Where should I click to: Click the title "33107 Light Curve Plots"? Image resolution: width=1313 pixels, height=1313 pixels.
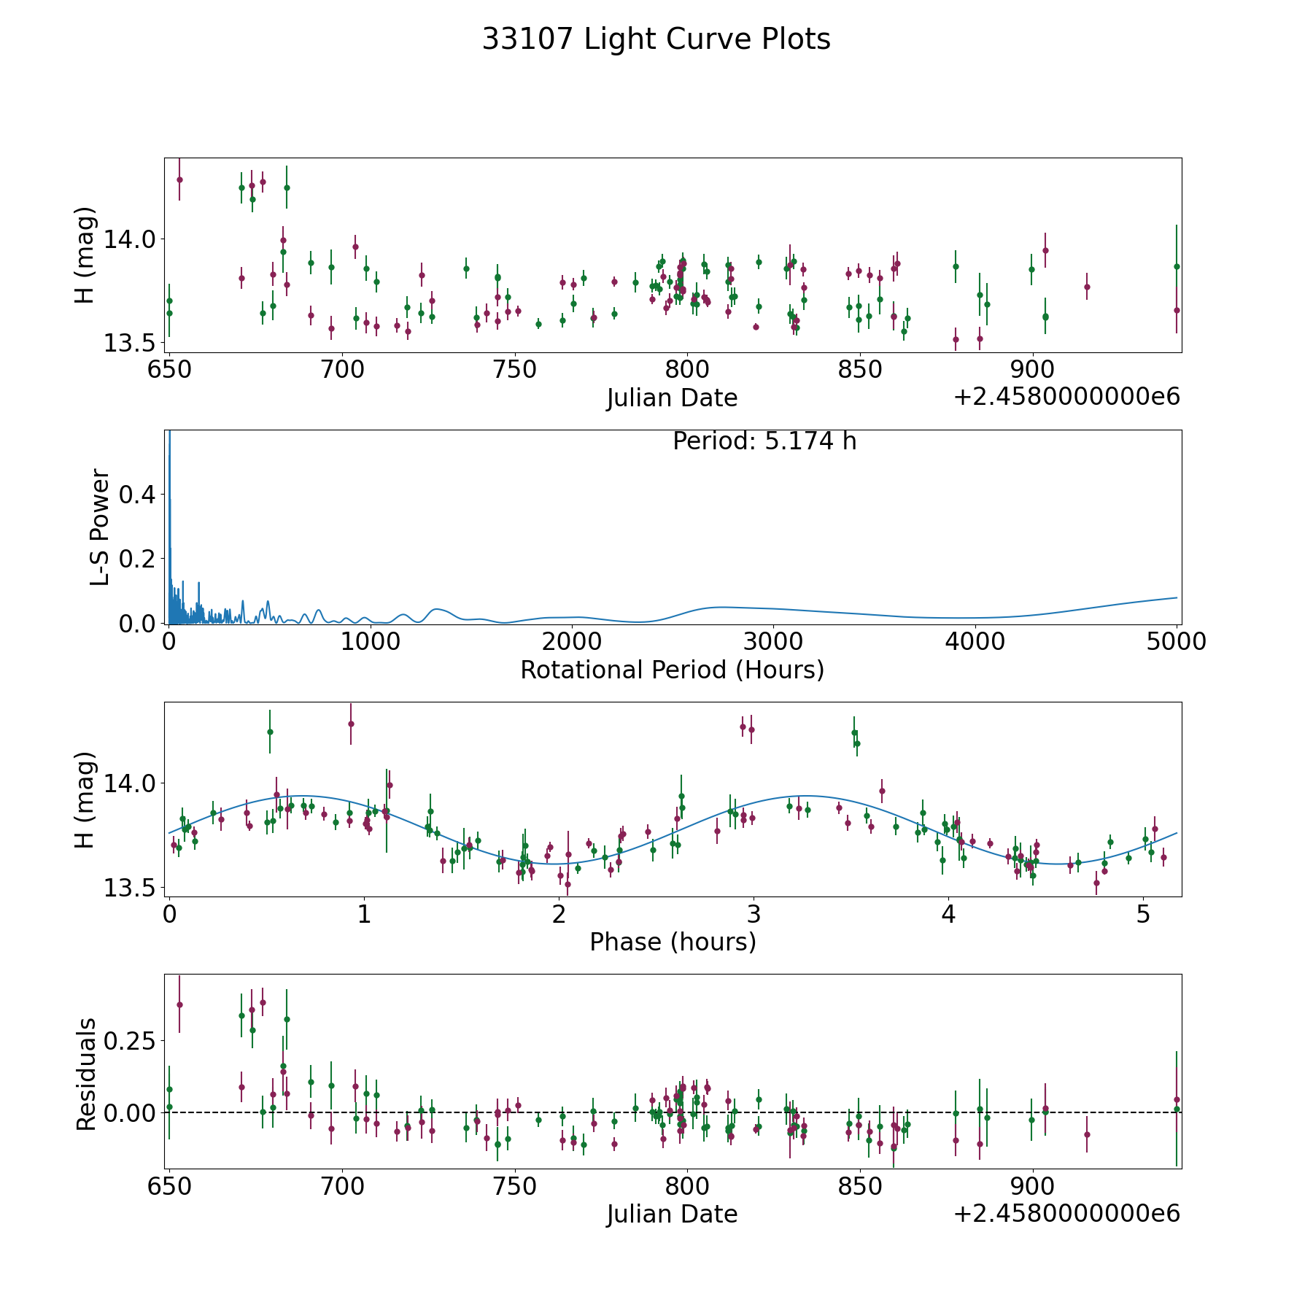point(656,39)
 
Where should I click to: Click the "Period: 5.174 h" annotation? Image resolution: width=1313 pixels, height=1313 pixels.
point(764,441)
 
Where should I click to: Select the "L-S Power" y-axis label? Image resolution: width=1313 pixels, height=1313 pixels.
point(100,527)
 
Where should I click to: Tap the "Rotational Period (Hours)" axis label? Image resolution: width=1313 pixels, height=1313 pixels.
point(672,670)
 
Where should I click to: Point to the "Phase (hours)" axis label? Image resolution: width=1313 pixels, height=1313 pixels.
point(673,942)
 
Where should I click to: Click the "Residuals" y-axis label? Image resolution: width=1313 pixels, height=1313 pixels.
point(86,1074)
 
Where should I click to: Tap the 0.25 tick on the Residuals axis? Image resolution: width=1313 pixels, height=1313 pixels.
point(128,1040)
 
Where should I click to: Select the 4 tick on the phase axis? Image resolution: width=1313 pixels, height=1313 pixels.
point(948,915)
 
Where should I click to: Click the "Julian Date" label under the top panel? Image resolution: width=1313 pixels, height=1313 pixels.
point(672,398)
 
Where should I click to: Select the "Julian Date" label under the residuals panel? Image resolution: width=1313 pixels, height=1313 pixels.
point(672,1214)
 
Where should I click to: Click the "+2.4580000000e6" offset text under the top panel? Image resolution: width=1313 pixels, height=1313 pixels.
point(1066,397)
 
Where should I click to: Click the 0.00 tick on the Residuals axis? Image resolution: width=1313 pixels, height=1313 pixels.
point(128,1113)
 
